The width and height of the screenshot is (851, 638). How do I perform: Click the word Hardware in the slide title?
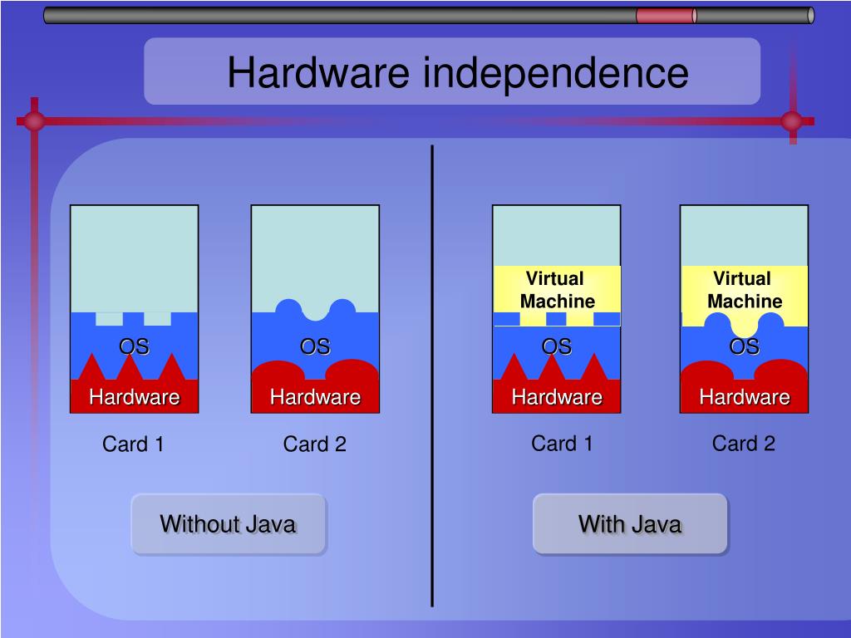point(318,72)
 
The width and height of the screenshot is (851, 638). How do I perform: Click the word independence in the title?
point(556,72)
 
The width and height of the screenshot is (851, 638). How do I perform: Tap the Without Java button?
point(228,524)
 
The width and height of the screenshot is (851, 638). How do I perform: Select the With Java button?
point(630,524)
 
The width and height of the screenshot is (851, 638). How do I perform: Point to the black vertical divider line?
point(432,374)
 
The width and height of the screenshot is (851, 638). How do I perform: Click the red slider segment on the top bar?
point(665,16)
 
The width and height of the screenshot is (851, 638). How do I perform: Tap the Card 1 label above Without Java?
point(133,444)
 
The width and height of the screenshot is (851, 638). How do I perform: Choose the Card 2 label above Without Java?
point(314,444)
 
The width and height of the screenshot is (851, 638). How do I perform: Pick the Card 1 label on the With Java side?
point(562,444)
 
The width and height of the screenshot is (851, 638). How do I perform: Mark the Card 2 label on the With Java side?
point(743,444)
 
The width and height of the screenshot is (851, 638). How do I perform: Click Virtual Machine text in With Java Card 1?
point(557,290)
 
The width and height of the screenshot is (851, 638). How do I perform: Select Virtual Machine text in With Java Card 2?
point(744,290)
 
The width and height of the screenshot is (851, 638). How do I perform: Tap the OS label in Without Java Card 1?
point(134,346)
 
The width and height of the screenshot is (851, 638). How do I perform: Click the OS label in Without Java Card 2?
point(315,346)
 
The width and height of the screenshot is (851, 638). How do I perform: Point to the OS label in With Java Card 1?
point(557,346)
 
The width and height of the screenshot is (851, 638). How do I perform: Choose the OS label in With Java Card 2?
point(744,346)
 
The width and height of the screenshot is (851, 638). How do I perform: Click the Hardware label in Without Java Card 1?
point(135,397)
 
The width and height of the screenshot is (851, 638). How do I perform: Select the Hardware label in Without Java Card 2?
point(315,397)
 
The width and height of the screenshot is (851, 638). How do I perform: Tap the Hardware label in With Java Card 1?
point(557,397)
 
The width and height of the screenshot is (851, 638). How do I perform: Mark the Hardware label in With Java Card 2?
point(744,397)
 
